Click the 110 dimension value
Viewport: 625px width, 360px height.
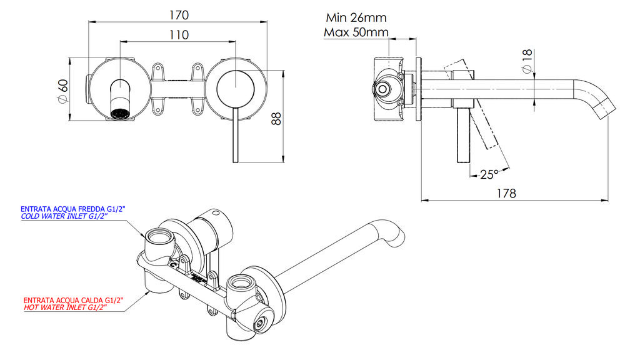coord(178,35)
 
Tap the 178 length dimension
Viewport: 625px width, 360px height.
coord(505,193)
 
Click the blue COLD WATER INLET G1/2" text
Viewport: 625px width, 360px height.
coord(64,216)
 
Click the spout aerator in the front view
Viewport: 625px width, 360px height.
coord(119,114)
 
